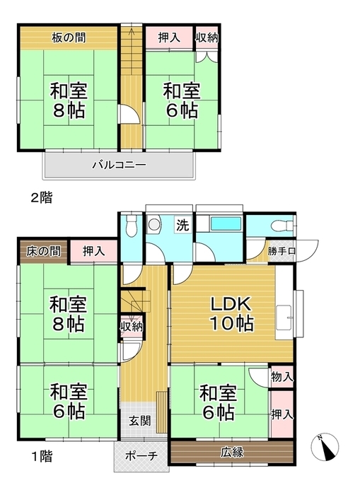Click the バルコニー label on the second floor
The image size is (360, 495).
pos(119,165)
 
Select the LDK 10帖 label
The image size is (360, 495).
pos(231,313)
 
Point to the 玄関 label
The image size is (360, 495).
pos(138,421)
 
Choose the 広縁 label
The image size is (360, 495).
pos(231,452)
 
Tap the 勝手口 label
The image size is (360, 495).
pos(281,251)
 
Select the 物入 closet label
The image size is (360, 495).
pos(281,378)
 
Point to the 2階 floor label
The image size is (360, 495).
pos(41,198)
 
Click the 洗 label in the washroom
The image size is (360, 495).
pos(182,226)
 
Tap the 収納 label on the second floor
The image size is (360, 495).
pos(206,37)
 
